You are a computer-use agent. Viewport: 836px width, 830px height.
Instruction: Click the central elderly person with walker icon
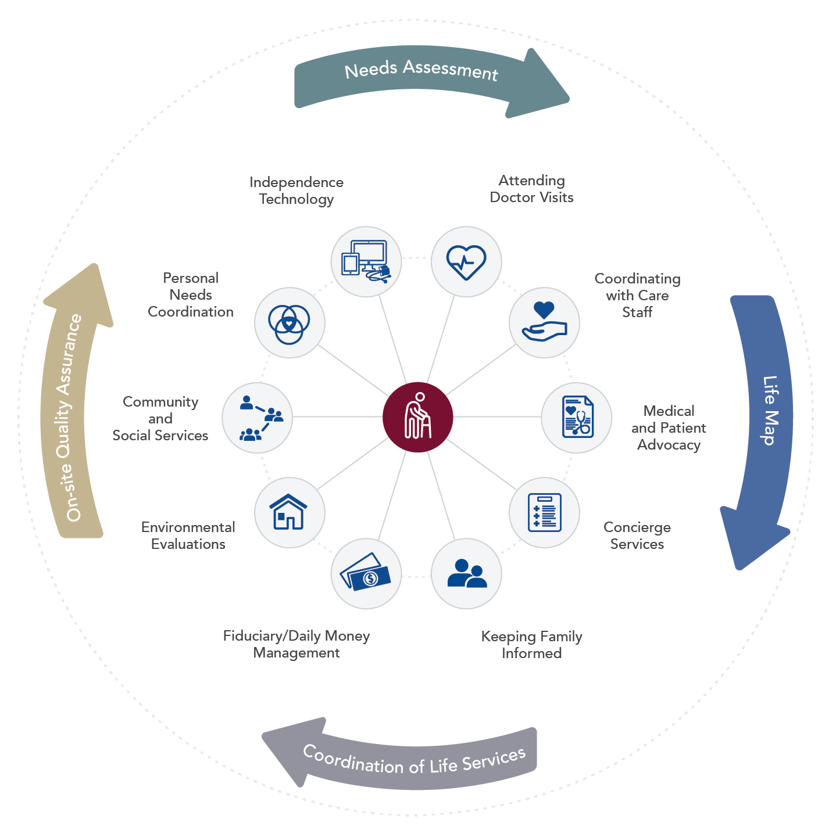click(x=417, y=417)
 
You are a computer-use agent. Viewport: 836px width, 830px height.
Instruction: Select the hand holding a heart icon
click(x=544, y=323)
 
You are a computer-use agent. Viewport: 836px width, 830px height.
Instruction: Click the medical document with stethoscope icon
click(x=577, y=417)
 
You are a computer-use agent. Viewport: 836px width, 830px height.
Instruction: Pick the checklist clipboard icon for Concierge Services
click(x=544, y=512)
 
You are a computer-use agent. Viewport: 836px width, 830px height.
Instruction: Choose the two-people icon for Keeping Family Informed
click(x=466, y=574)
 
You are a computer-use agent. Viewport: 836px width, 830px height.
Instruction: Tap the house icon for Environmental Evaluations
click(x=290, y=512)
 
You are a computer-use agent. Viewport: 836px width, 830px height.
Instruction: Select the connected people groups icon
click(x=257, y=417)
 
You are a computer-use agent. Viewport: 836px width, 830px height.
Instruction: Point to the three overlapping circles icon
click(x=290, y=323)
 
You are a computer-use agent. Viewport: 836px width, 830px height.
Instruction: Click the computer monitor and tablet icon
click(x=366, y=261)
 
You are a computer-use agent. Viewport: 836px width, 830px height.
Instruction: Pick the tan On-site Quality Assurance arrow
click(x=73, y=407)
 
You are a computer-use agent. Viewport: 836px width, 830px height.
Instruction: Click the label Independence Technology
click(x=296, y=191)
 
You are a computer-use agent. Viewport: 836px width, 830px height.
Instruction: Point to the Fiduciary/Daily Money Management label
click(x=296, y=644)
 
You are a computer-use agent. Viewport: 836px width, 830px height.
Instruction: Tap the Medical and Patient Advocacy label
click(x=669, y=428)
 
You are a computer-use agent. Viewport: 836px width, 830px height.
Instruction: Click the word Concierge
click(x=637, y=527)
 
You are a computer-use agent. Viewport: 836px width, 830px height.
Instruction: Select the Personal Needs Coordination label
click(x=191, y=295)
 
